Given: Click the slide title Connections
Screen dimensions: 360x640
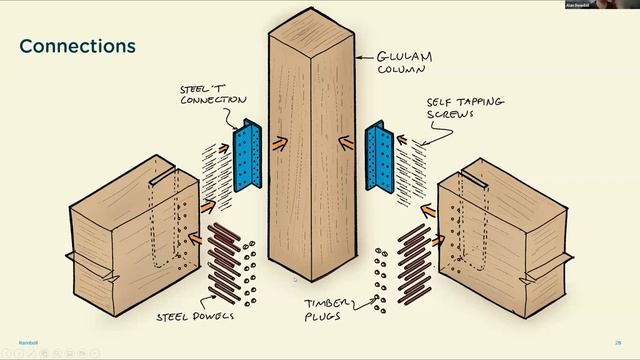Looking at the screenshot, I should click(x=77, y=47).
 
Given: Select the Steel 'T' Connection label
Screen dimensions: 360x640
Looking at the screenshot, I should click(x=213, y=94).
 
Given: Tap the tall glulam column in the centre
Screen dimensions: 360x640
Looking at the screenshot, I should click(x=312, y=150).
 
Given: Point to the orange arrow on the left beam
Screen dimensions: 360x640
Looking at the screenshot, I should click(x=207, y=207).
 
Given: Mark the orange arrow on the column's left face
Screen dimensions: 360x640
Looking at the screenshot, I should click(x=278, y=144).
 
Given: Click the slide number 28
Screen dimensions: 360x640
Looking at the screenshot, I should click(x=618, y=341).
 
